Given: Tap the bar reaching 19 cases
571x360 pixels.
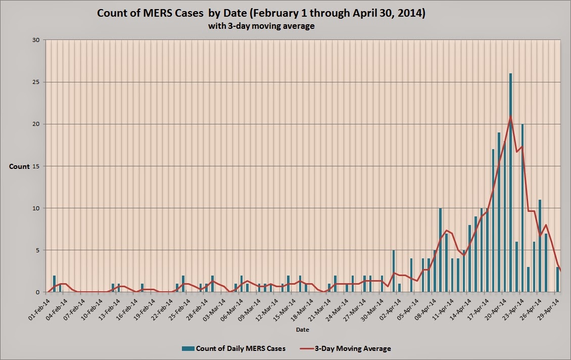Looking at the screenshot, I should [499, 212].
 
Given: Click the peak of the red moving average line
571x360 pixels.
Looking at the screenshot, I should [510, 117].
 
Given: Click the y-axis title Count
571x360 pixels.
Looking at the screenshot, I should [19, 166].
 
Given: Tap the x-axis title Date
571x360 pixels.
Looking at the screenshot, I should [303, 330].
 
